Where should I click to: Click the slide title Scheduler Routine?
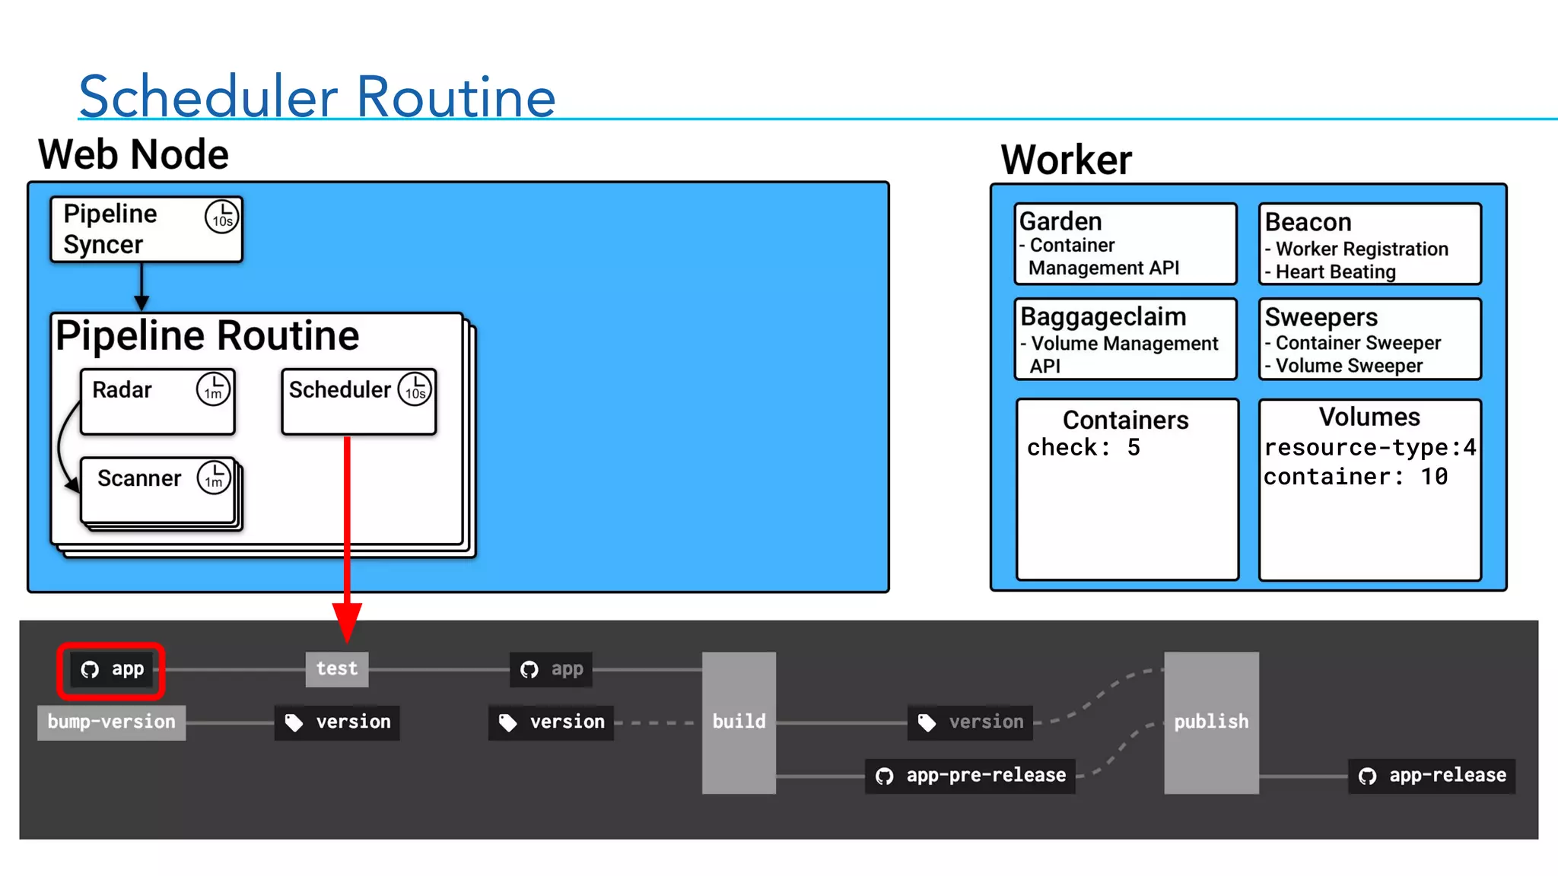[x=317, y=97]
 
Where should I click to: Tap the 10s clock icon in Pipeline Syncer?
[x=221, y=217]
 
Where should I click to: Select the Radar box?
[x=157, y=401]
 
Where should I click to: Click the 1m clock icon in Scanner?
[x=214, y=478]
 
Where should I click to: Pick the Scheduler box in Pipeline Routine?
[x=358, y=401]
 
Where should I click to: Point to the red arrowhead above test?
[x=347, y=620]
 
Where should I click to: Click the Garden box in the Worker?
[x=1125, y=243]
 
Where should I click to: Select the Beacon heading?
[x=1308, y=222]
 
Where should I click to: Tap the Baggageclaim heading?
[x=1103, y=316]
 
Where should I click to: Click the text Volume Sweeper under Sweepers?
[x=1349, y=366]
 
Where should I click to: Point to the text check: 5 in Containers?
[x=1083, y=448]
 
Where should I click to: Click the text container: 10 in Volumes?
[x=1356, y=477]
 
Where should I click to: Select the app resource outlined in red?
[x=112, y=670]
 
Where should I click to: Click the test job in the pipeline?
[x=337, y=669]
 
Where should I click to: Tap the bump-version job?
[x=111, y=722]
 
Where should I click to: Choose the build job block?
[x=739, y=722]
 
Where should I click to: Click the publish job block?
[x=1211, y=722]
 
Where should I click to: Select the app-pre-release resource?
[x=970, y=776]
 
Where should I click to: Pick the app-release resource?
[x=1432, y=776]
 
